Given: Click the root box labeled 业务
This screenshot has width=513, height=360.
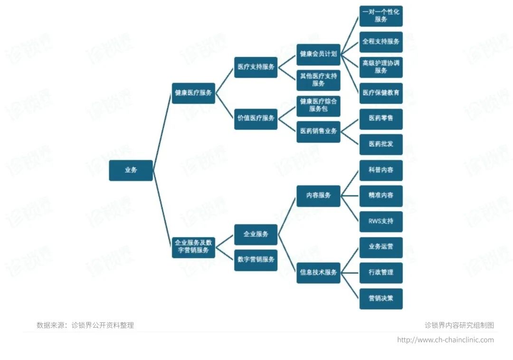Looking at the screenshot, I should pos(131,170).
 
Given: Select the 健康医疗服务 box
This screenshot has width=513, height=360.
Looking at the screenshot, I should pos(193,93).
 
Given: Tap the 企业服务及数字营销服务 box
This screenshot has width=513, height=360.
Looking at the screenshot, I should pos(193,246).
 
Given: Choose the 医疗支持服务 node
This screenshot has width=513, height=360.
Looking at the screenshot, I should pos(256,67).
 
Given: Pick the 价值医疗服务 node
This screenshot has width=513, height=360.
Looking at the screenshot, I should pos(256,118).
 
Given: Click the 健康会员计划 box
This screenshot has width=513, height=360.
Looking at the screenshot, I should pos(318,54).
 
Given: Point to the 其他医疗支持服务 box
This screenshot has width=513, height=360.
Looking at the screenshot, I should pos(318,80).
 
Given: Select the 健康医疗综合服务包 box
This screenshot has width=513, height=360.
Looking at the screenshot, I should pos(318,105).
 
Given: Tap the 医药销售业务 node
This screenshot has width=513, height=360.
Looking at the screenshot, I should pos(318,131).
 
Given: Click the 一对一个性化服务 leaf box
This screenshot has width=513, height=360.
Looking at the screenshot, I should pos(381,16).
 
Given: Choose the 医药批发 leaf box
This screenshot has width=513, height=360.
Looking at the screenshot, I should pos(381,144).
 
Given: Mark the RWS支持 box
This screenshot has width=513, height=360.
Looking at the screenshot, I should pos(381,221).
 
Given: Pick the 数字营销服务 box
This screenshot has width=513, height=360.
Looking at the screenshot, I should pos(256,260).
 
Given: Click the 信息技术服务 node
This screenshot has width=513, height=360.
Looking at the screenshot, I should pos(318,273).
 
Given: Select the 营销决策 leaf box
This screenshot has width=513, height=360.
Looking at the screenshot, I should pos(381,299).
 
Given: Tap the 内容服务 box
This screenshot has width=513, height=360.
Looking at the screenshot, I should pos(318,195).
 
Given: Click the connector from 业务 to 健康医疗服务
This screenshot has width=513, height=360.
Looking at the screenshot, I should pos(162,132).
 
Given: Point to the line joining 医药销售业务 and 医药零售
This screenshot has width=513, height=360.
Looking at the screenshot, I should pos(350,124).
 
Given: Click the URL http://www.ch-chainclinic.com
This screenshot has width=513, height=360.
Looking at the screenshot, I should pos(445,340).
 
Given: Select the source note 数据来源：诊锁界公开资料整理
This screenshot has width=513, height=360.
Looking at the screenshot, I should pos(85,325).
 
